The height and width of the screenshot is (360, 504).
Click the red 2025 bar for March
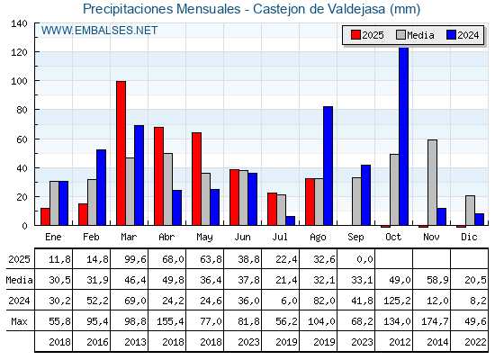point(121,153)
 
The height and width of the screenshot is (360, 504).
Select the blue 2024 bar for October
point(404,136)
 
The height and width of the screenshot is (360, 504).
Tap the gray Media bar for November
point(432,182)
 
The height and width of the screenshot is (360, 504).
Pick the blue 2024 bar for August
point(328,166)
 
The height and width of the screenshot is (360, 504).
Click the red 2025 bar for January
point(45,217)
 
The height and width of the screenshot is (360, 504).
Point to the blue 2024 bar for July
point(290,220)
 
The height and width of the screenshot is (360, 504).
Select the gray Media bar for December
point(470,211)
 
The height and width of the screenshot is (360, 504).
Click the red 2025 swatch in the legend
point(355,35)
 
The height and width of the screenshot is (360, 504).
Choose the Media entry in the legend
point(415,35)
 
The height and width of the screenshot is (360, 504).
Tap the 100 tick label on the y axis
point(19,81)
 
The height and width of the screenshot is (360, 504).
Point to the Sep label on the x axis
point(355,238)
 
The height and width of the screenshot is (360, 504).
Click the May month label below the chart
point(204,238)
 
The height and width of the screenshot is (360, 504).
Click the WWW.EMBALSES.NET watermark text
point(99,31)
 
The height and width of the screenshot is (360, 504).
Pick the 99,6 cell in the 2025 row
point(135,259)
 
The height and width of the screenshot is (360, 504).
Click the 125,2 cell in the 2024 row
point(397,301)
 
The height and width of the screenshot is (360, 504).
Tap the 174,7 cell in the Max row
point(435,321)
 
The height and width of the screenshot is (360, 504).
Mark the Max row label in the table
point(19,321)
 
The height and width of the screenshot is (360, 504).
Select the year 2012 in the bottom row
point(400,342)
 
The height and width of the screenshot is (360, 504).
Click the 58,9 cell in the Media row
point(437,280)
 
